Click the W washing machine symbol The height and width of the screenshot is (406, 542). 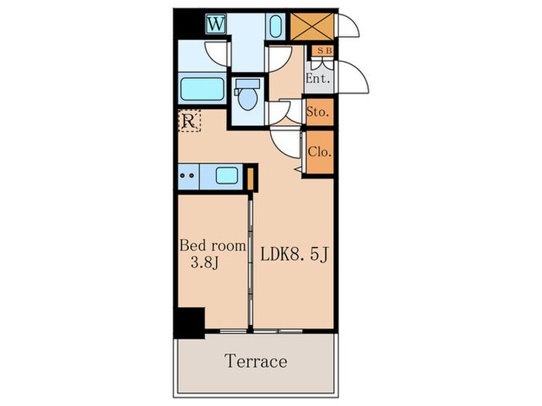[x=216, y=24]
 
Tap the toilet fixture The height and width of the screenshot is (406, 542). [x=247, y=94]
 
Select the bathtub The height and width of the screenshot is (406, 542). [x=202, y=89]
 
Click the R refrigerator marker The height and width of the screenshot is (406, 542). [x=189, y=121]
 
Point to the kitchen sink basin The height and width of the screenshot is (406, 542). [x=227, y=175]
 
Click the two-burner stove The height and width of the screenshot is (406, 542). [x=188, y=176]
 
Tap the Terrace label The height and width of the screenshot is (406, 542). [x=256, y=361]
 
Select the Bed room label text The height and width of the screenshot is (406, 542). [x=213, y=246]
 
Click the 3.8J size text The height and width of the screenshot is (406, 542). [x=204, y=263]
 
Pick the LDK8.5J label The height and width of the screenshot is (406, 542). [x=293, y=254]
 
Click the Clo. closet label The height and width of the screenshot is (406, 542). [x=320, y=152]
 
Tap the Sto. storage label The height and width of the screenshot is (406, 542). [x=317, y=112]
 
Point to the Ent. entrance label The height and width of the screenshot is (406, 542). [x=318, y=78]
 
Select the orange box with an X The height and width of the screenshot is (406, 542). [x=312, y=26]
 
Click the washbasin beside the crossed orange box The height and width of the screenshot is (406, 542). [x=276, y=26]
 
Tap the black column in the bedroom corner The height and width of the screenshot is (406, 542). [x=190, y=322]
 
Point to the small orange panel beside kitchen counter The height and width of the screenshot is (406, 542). [x=251, y=179]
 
